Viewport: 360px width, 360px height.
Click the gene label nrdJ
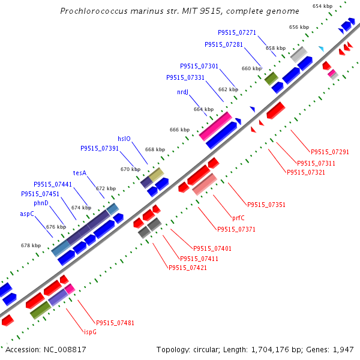(183, 92)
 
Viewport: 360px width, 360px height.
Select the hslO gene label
(124, 139)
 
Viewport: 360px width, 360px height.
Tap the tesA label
(80, 173)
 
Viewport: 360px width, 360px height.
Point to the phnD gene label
(41, 203)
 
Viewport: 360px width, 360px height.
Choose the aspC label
(27, 214)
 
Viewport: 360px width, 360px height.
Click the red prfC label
(238, 218)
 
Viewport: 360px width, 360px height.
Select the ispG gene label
(90, 332)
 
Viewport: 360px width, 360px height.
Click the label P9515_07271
(237, 32)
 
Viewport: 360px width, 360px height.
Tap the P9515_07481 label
(115, 323)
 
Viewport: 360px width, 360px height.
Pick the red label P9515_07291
(330, 152)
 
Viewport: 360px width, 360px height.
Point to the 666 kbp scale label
(180, 130)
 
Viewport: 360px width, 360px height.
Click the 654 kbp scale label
(322, 6)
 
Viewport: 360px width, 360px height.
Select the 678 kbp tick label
(31, 245)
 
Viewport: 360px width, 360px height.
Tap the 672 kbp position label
(106, 188)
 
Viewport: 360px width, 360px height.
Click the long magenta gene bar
(215, 126)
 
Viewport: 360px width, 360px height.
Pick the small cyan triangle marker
(322, 49)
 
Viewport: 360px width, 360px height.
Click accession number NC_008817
(65, 350)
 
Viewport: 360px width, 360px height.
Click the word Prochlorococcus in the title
(94, 11)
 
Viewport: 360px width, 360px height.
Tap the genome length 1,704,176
(270, 350)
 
